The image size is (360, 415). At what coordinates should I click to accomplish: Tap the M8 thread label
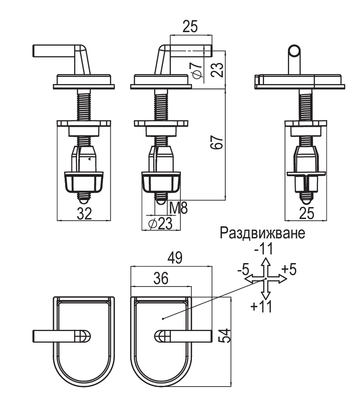[178, 208]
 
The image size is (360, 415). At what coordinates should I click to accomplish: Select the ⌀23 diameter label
[160, 224]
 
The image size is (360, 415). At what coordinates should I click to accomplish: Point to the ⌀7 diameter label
[197, 71]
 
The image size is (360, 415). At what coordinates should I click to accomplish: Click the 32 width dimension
[84, 213]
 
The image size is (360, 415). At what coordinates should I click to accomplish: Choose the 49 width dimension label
[175, 258]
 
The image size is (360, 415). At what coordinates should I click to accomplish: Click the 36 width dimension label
[161, 278]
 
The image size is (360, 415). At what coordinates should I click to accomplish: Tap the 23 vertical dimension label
[217, 70]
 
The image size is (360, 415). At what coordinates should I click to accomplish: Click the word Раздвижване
[262, 233]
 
